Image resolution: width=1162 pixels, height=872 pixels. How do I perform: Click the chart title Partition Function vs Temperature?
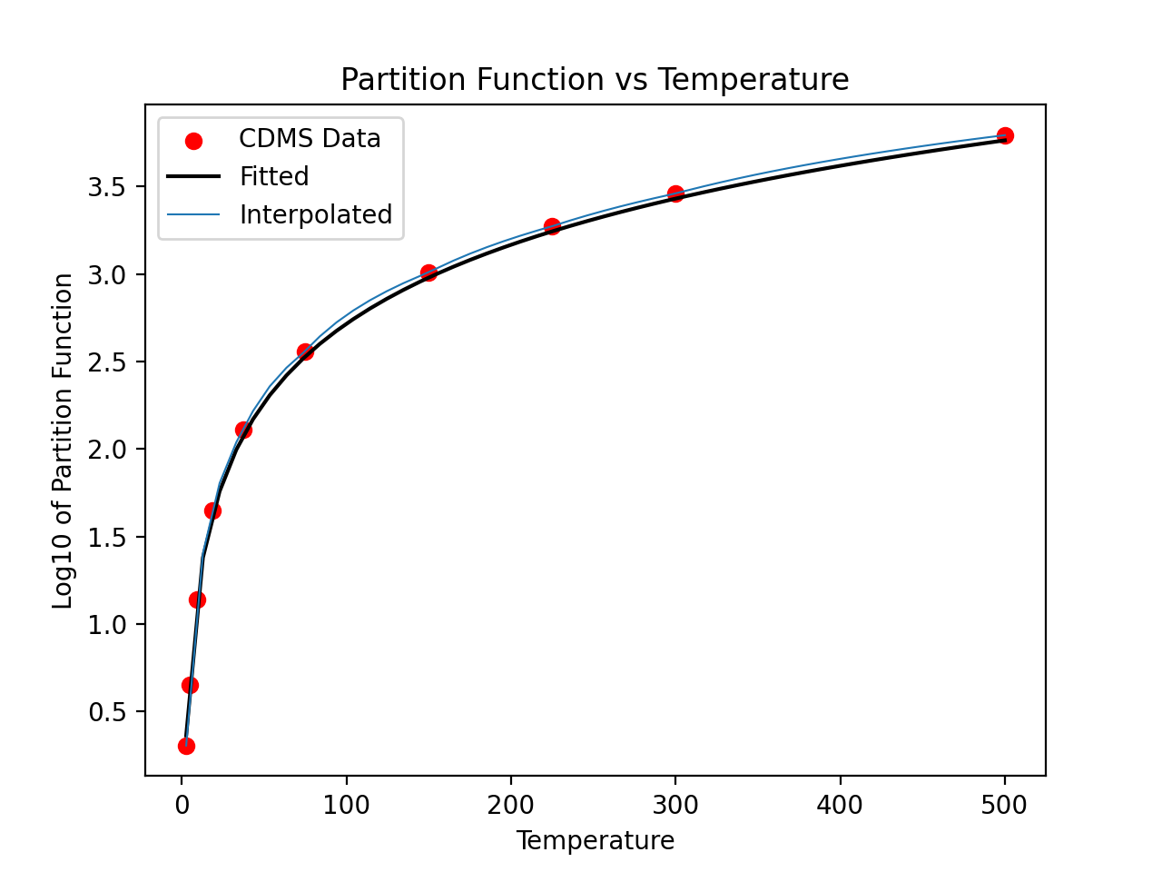click(595, 80)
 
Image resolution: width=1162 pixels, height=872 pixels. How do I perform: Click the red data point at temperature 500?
click(1005, 135)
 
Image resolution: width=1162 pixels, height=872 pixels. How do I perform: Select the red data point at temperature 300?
click(675, 193)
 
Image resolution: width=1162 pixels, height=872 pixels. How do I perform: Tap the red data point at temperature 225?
click(552, 226)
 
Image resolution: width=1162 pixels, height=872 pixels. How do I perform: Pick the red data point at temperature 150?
click(428, 272)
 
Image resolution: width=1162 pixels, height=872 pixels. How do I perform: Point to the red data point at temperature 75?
click(305, 352)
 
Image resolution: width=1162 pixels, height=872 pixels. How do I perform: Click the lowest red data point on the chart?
click(186, 746)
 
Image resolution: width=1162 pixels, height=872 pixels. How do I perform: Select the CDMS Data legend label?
click(310, 139)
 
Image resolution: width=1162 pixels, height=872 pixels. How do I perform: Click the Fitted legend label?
click(274, 176)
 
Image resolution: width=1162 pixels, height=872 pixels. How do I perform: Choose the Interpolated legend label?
click(315, 214)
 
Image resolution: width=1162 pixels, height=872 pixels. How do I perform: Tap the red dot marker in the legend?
click(193, 140)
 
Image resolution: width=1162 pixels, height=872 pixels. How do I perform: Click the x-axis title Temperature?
click(595, 841)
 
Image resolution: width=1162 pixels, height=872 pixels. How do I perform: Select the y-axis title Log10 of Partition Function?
click(63, 441)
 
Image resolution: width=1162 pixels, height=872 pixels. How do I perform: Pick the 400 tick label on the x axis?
click(840, 805)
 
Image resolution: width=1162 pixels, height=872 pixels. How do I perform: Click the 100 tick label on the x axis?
click(346, 805)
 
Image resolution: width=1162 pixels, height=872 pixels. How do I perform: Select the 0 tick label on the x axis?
click(182, 805)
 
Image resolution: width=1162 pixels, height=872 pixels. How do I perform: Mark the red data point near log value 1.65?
click(212, 510)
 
